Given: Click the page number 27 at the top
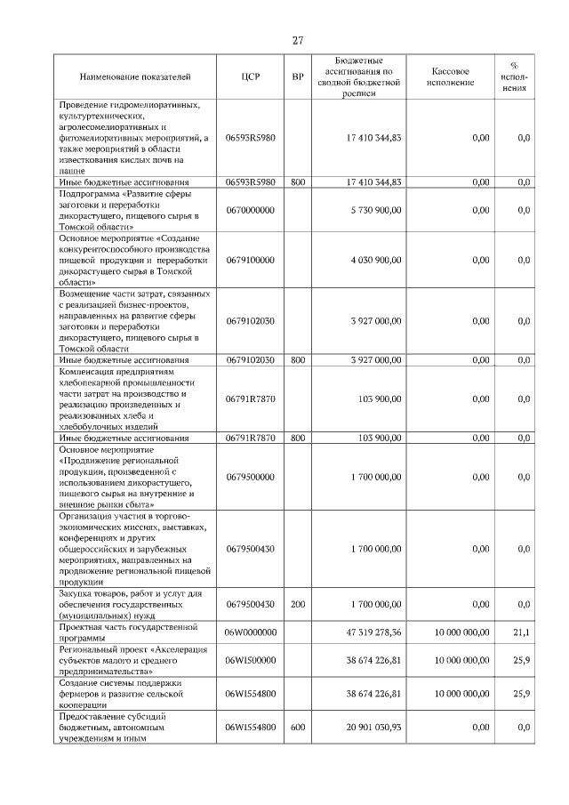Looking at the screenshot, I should [x=299, y=40].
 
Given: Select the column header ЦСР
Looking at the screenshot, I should [x=250, y=77].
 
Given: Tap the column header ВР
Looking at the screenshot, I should [x=298, y=77].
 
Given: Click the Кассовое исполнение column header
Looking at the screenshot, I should [x=451, y=77].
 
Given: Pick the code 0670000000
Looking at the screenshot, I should [x=250, y=210].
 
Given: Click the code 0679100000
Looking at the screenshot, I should [x=250, y=261].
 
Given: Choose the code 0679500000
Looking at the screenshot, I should [x=250, y=477].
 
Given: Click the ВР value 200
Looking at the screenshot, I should [x=298, y=604].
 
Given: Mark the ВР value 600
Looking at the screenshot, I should [x=298, y=728].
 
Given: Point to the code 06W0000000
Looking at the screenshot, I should [x=251, y=632].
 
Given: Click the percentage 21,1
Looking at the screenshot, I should [x=523, y=632].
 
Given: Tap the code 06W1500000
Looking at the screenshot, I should [x=251, y=661].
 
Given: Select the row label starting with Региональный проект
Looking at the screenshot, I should [x=132, y=661].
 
